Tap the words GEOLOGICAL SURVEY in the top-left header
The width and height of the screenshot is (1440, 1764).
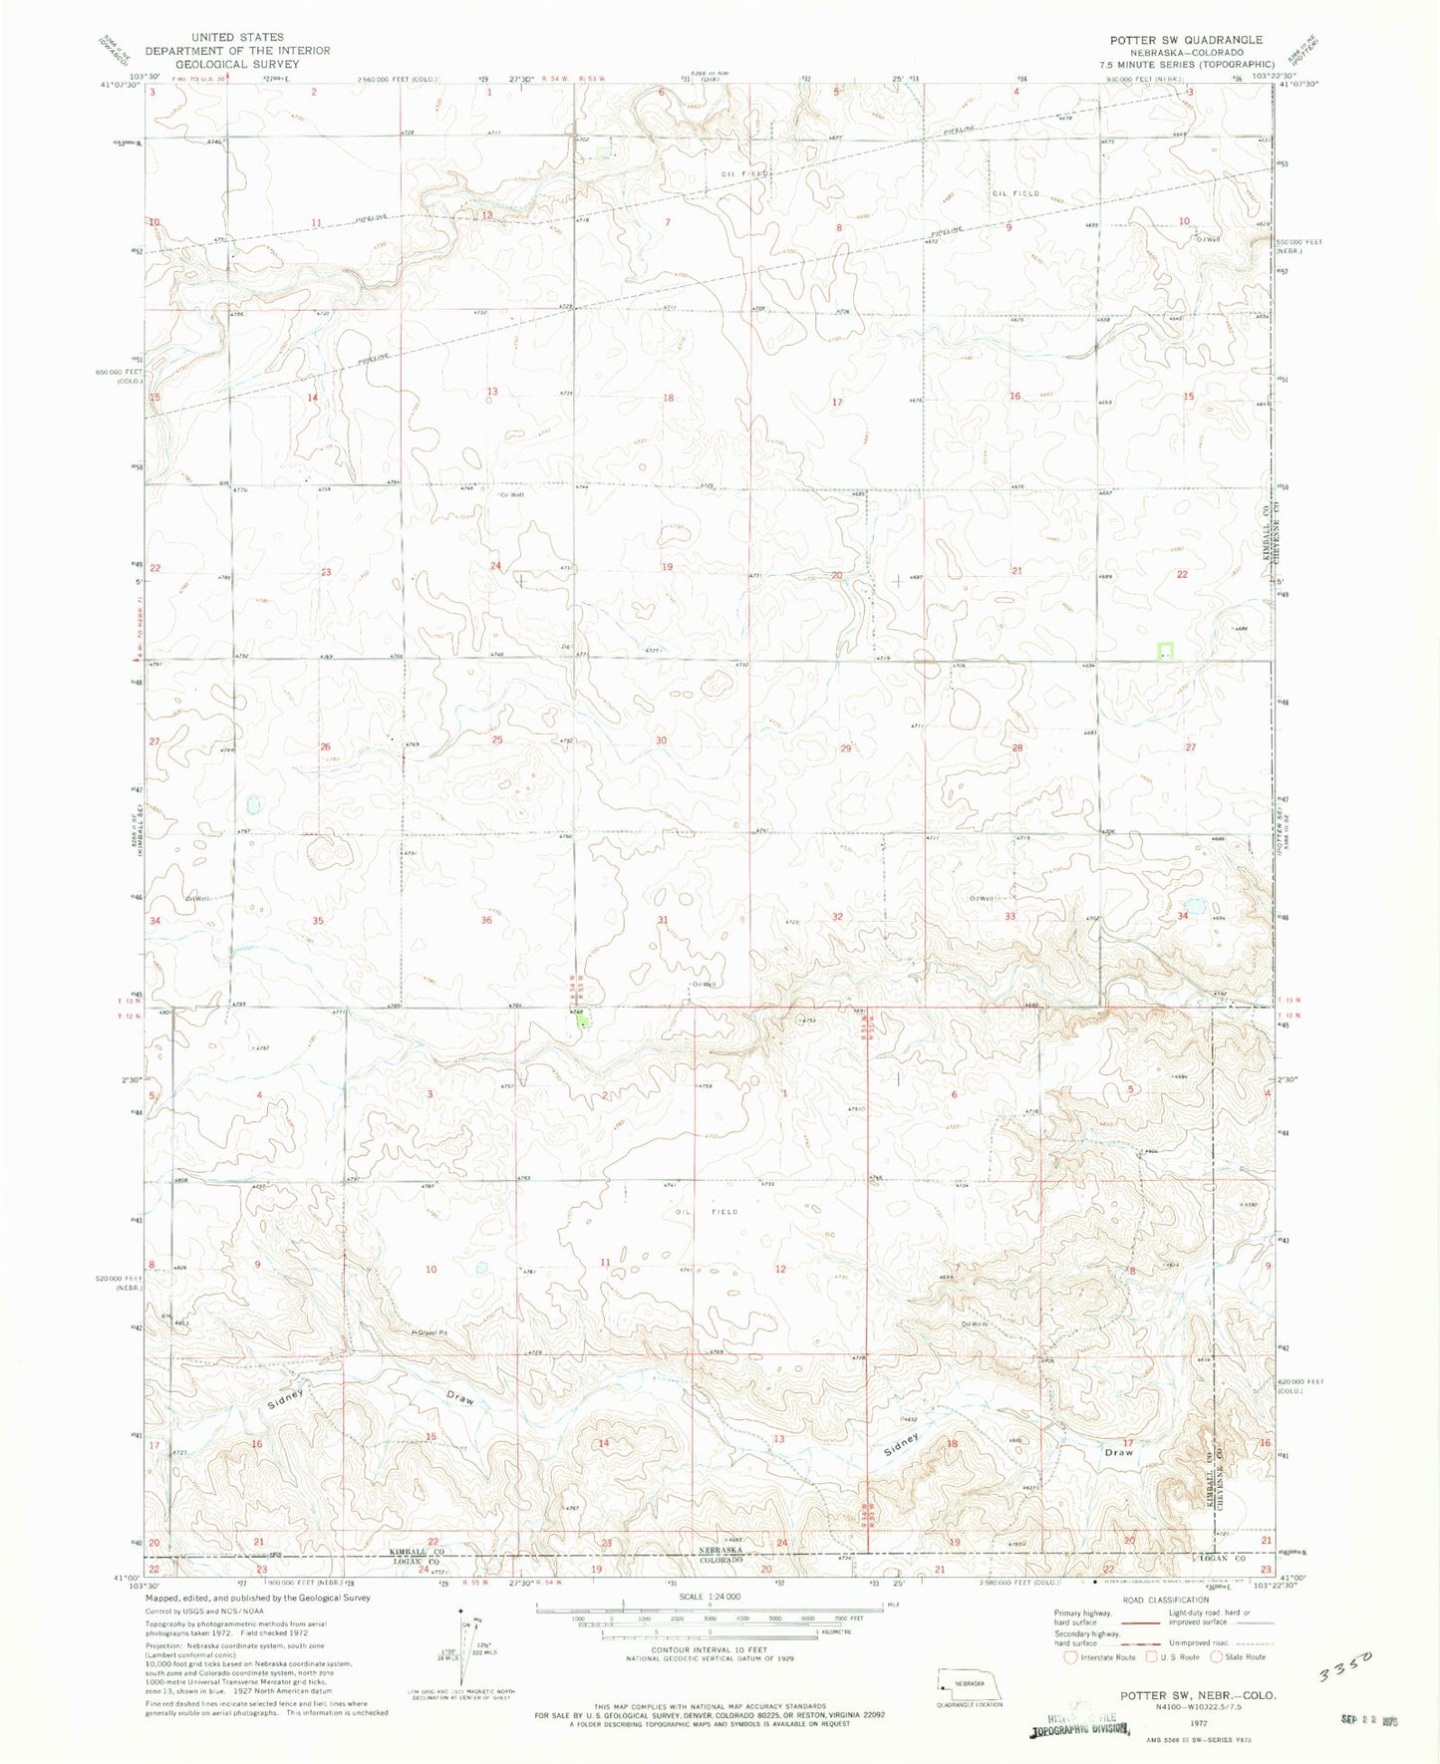click(236, 64)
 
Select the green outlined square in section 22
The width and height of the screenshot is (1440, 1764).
click(1164, 651)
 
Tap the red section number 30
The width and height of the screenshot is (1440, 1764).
click(661, 740)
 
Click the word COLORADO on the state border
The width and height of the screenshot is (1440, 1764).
click(721, 1561)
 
